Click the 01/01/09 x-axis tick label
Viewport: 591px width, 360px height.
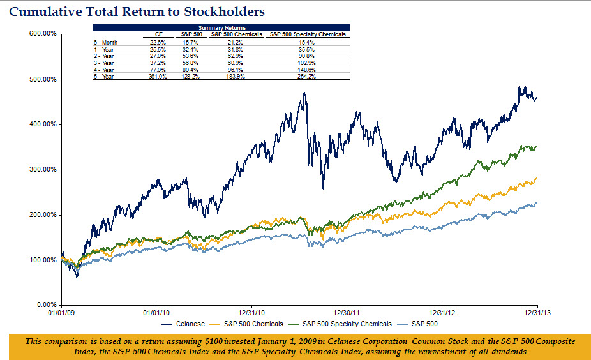tap(62, 313)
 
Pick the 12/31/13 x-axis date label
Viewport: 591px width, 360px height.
tap(536, 313)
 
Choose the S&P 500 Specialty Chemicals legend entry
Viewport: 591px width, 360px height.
tap(347, 324)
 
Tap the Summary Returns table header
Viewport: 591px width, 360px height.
tap(221, 28)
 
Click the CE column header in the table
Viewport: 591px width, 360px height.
tap(159, 34)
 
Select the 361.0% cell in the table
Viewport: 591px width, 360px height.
tap(158, 76)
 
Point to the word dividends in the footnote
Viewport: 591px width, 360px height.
tap(506, 351)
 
